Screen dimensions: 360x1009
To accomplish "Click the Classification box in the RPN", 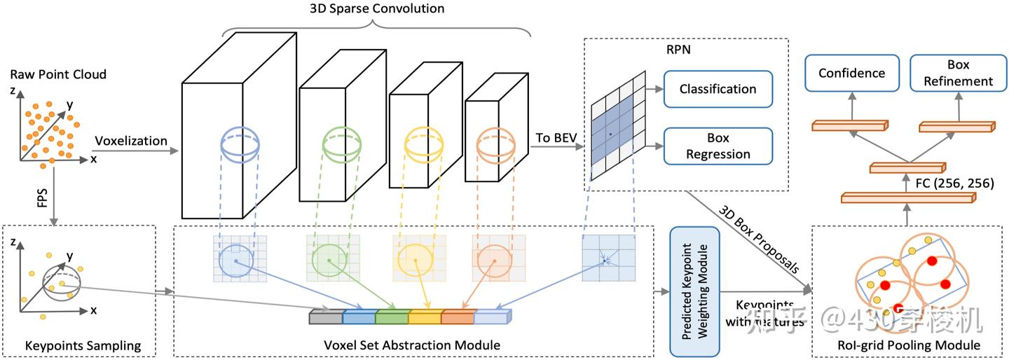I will (x=718, y=89).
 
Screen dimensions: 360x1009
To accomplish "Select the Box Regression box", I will (x=718, y=146).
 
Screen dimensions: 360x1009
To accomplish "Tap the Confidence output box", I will (x=851, y=73).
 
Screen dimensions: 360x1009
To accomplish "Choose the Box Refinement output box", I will (x=958, y=73).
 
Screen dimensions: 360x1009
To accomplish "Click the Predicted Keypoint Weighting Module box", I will (x=695, y=291).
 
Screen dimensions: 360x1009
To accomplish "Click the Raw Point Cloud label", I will (x=57, y=74).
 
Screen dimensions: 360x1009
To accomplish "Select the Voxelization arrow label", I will (x=130, y=141).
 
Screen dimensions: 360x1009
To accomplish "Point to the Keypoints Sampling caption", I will (x=83, y=345).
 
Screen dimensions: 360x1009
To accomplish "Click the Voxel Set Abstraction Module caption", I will (x=412, y=345).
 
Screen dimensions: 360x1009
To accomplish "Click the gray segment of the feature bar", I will (x=326, y=317).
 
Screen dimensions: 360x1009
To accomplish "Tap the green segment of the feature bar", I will (x=392, y=317).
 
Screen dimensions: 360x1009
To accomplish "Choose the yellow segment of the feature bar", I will (x=425, y=317).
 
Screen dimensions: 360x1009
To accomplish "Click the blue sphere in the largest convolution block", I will (x=241, y=146).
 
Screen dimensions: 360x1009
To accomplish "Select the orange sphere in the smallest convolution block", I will (x=495, y=146).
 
